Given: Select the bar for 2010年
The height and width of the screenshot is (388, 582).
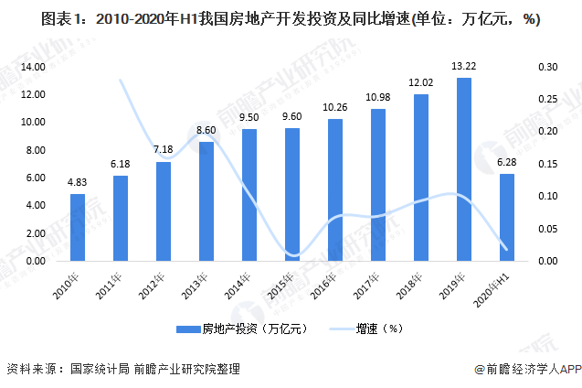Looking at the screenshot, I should (78, 227).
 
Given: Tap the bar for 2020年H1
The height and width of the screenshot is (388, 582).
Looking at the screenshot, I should (507, 217).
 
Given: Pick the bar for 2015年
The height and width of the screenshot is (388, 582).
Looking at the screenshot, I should (292, 194).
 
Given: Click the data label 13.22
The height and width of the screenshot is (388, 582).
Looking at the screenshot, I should (464, 66).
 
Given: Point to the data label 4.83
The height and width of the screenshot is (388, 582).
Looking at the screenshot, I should (78, 182).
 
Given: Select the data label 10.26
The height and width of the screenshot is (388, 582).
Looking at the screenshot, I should (335, 107).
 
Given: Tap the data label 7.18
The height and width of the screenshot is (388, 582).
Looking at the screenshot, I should (164, 149).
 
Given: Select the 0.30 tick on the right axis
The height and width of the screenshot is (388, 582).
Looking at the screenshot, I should (546, 67).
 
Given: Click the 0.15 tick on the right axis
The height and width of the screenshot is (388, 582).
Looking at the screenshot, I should (546, 164).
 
